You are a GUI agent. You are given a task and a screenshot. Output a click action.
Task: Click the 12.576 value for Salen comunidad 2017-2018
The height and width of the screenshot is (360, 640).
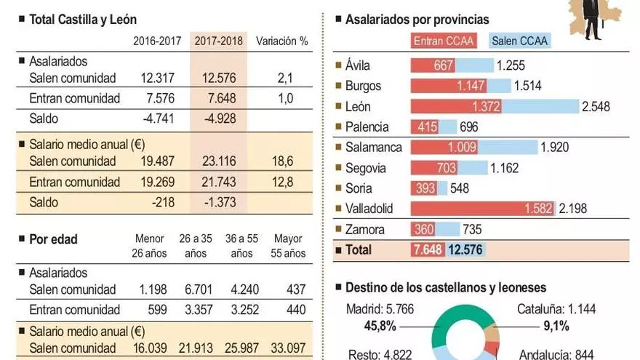pyautogui.click(x=218, y=78)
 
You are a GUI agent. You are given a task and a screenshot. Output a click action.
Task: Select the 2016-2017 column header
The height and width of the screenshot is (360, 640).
pyautogui.click(x=157, y=41)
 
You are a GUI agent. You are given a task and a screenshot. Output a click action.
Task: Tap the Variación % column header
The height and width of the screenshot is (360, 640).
pyautogui.click(x=282, y=41)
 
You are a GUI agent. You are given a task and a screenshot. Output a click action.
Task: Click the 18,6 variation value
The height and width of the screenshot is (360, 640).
pyautogui.click(x=285, y=161)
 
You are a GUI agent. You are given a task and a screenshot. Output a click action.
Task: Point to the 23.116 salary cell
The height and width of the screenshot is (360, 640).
pyautogui.click(x=218, y=161)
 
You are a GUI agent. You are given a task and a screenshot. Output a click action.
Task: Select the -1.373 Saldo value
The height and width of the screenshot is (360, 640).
pyautogui.click(x=219, y=202)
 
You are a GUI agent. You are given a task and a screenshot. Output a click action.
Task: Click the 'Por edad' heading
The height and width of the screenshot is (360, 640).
pyautogui.click(x=52, y=239)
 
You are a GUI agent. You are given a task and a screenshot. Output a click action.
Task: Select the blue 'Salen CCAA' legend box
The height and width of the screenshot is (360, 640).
pyautogui.click(x=520, y=41)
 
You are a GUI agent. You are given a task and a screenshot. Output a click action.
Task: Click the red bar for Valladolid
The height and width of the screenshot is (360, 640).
pyautogui.click(x=483, y=209)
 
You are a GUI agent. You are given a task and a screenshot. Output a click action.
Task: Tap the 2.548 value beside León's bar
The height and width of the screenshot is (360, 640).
pyautogui.click(x=595, y=107)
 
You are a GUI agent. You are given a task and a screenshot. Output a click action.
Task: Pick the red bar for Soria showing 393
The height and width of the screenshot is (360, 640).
pyautogui.click(x=423, y=188)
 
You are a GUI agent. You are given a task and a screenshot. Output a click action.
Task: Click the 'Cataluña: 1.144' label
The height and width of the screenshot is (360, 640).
pyautogui.click(x=557, y=309)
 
